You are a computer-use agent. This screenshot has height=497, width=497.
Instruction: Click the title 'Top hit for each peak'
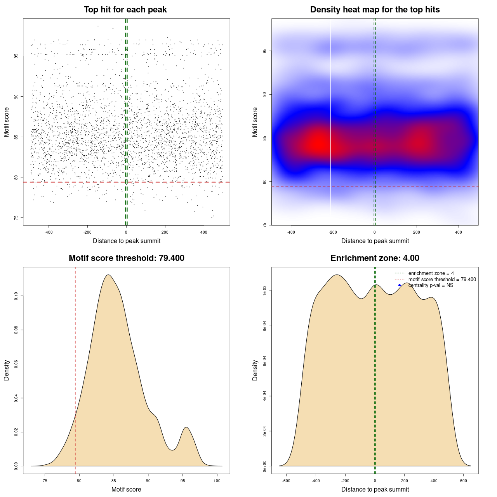[125, 10]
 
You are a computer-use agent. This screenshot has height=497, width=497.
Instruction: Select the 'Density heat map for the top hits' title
[375, 10]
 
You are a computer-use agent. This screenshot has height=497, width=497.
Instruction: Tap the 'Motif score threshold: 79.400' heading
[126, 258]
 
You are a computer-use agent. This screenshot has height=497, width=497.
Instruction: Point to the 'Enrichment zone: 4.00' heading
[375, 258]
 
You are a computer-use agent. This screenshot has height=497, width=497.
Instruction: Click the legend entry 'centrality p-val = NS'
[431, 285]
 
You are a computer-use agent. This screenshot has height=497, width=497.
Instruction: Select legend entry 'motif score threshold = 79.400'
[442, 280]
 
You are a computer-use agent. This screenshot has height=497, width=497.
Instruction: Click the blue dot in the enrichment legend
[400, 285]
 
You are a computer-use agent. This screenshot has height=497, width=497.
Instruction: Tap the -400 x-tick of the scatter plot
[49, 232]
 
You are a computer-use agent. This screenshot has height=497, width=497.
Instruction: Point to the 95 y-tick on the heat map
[264, 51]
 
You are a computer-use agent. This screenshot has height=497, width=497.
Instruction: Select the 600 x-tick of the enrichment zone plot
[463, 481]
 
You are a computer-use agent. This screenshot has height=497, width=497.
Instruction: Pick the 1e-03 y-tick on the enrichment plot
[264, 291]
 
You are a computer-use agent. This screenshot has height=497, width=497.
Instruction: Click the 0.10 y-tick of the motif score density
[16, 296]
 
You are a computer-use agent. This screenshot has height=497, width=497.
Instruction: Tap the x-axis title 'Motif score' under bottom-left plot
[126, 489]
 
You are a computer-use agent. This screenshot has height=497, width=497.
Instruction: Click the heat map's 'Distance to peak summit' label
[375, 241]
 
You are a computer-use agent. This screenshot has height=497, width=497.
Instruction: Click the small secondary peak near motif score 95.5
[186, 427]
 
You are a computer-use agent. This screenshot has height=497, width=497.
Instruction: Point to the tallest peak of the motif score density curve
[108, 275]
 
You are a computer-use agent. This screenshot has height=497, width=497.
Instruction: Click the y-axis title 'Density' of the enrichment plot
[255, 370]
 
